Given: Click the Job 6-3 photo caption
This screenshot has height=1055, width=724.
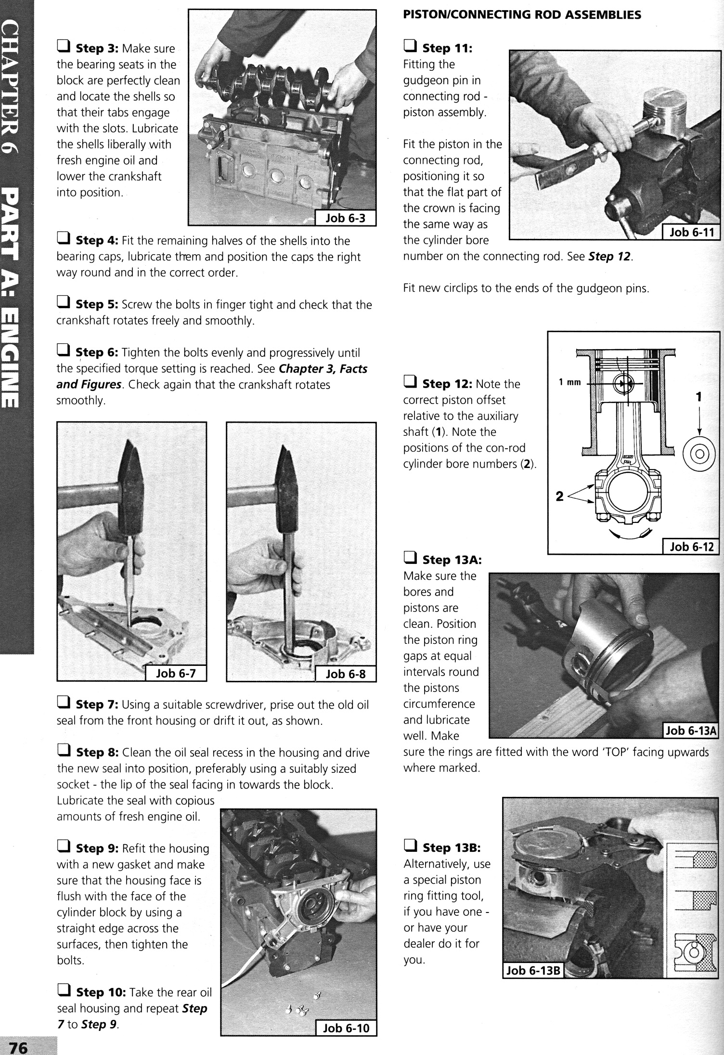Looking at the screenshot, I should click(345, 218).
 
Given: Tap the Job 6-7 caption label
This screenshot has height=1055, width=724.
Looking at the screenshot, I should click(176, 673).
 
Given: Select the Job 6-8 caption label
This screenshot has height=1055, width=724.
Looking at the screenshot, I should click(345, 674).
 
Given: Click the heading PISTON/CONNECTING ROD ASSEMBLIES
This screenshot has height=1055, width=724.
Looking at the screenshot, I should click(522, 14).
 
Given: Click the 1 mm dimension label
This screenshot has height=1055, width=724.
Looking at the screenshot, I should click(569, 383).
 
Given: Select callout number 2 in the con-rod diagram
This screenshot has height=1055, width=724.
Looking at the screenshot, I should click(559, 496).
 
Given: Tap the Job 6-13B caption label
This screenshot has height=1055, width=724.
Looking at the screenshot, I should click(532, 970).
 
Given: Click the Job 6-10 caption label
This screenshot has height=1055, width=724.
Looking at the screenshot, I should click(346, 1028).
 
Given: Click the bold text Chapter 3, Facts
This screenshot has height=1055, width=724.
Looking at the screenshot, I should click(323, 369).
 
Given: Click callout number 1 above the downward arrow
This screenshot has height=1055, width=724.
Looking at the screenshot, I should click(699, 397).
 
